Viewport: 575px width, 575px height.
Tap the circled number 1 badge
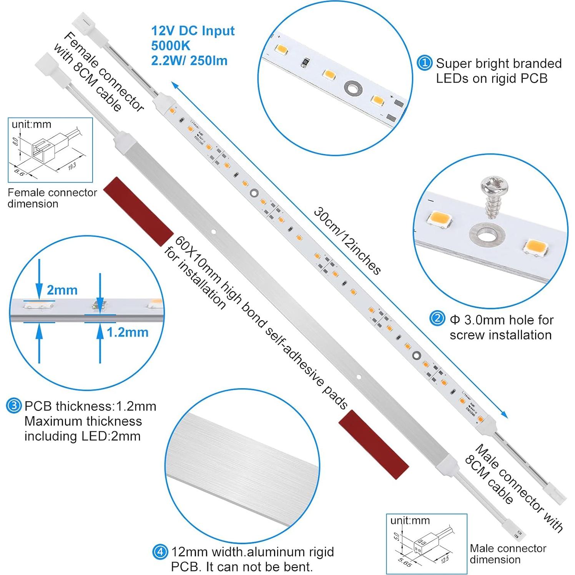(424, 63)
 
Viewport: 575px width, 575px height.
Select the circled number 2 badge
(437, 319)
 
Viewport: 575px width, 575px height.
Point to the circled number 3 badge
(13, 406)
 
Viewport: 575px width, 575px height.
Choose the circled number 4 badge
(160, 552)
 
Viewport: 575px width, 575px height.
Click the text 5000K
(171, 45)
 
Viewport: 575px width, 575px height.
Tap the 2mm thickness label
(62, 290)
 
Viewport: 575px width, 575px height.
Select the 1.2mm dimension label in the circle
(127, 332)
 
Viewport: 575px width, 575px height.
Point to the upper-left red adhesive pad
(139, 211)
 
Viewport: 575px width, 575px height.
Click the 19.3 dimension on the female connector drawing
(71, 166)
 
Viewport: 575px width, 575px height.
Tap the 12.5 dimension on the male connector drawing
(444, 560)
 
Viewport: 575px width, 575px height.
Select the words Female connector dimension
(52, 198)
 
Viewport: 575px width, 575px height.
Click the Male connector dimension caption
(508, 553)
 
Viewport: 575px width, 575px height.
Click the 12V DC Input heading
(193, 30)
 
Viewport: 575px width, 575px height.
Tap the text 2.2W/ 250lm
(189, 60)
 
